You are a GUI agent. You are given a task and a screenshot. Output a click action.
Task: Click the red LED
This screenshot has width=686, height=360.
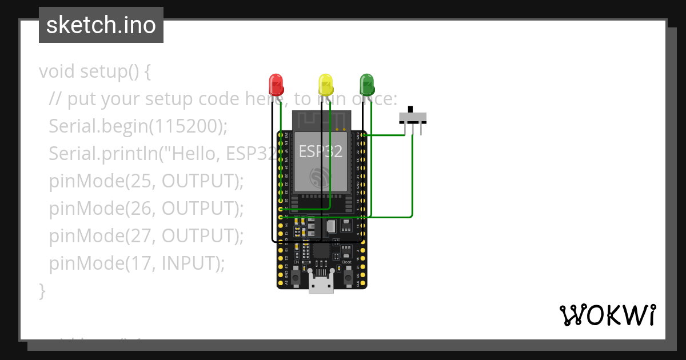[x=276, y=84]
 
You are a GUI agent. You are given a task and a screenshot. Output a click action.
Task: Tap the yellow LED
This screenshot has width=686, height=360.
[x=325, y=84]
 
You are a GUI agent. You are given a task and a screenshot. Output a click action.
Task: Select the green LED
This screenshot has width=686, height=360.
[x=366, y=84]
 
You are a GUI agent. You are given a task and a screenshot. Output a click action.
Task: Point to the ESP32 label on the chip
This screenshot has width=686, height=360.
[x=320, y=151]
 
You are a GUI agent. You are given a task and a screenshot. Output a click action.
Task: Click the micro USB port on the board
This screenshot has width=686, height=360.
[x=321, y=284]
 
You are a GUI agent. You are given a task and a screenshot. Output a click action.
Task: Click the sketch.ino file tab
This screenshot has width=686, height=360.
[x=101, y=25]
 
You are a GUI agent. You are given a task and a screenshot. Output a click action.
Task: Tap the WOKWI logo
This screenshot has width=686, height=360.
[x=607, y=315]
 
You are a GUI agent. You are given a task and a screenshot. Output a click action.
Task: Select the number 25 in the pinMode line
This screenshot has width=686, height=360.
[x=141, y=181]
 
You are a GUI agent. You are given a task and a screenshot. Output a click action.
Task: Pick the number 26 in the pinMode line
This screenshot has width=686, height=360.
[x=141, y=208]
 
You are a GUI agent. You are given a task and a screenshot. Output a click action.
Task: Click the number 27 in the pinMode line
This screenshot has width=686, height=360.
[x=141, y=235]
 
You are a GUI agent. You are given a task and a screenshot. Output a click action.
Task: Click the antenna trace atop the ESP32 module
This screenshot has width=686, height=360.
[x=320, y=120]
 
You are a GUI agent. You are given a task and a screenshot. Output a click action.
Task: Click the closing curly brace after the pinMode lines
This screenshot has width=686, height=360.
[x=42, y=290]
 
